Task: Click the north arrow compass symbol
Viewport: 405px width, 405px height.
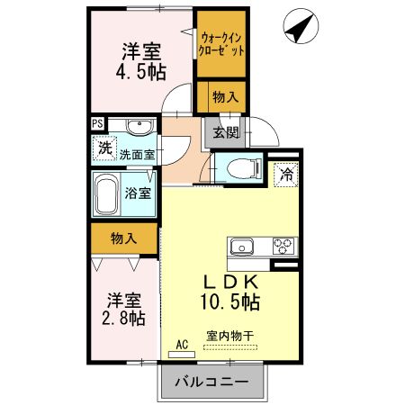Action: coord(300,27)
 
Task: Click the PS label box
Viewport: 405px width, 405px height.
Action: coord(96,126)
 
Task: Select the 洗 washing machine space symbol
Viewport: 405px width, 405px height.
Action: coord(104,149)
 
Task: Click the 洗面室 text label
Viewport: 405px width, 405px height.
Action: coord(137,155)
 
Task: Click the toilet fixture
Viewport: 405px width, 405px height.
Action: coord(239,166)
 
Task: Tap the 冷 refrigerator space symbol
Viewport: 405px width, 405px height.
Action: coord(286,173)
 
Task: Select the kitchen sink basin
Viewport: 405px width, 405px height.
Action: coord(245,246)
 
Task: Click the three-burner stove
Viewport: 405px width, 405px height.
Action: coord(283,246)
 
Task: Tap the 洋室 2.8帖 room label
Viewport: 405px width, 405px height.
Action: coord(121,308)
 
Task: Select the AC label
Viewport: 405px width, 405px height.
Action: coord(182,344)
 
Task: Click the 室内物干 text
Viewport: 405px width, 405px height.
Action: coord(230,336)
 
